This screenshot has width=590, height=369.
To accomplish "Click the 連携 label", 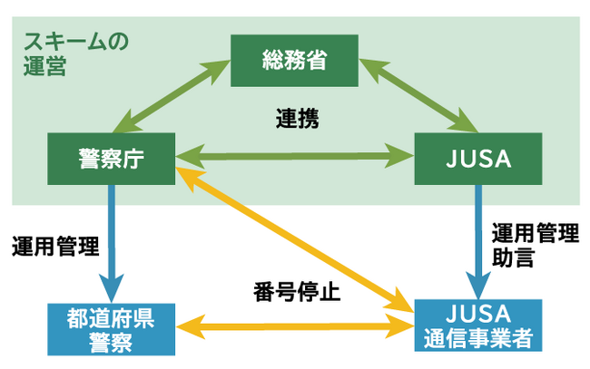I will [x=297, y=119].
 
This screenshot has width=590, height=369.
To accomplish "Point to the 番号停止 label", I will [x=297, y=293].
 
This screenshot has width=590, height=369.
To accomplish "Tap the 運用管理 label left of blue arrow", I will [x=55, y=245].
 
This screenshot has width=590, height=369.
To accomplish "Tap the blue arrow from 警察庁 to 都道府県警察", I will [x=113, y=241].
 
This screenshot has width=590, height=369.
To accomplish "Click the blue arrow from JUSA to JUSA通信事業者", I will [x=477, y=239].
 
